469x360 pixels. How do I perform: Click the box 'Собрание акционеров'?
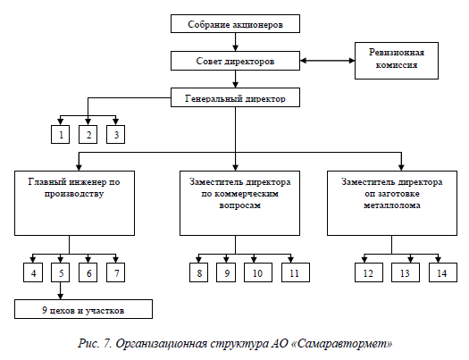(x=235, y=23)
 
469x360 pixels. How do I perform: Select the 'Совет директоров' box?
(x=235, y=61)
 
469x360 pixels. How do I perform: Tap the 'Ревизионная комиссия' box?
(x=397, y=61)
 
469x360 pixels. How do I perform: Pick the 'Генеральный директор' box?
(x=235, y=97)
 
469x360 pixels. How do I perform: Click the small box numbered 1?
(x=60, y=135)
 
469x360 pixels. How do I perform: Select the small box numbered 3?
(x=116, y=135)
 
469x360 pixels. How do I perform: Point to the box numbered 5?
(x=60, y=272)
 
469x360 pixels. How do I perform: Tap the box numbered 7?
(x=116, y=272)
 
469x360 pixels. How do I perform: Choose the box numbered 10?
(x=258, y=272)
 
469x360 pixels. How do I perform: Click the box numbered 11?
(x=296, y=272)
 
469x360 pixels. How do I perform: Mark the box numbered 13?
(x=406, y=272)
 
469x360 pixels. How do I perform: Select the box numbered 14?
(x=443, y=272)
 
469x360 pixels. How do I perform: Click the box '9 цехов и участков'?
(x=83, y=309)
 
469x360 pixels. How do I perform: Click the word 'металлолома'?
(x=392, y=205)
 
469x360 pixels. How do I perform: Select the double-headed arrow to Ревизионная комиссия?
(x=328, y=61)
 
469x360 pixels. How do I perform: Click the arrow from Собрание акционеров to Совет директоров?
(x=236, y=42)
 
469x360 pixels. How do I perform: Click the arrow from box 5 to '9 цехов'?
(x=61, y=290)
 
